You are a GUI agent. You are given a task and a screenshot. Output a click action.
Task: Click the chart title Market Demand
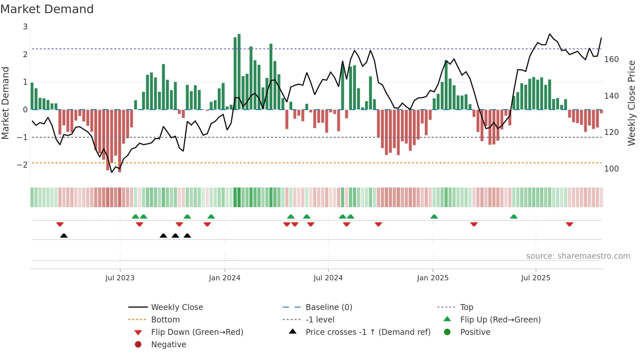(47, 9)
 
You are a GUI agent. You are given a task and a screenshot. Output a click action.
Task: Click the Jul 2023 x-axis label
(120, 278)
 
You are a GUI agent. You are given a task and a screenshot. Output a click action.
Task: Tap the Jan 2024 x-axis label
(225, 278)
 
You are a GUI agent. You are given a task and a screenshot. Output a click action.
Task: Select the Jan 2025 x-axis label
(433, 278)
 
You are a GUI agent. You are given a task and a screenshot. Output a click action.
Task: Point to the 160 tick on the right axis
(611, 59)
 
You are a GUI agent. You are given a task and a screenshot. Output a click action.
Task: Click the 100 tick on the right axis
(611, 169)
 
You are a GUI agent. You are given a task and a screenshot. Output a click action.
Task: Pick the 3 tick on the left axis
(25, 27)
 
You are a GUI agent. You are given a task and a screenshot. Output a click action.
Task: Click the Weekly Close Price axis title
(632, 103)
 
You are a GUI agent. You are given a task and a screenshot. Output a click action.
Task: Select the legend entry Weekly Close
(177, 307)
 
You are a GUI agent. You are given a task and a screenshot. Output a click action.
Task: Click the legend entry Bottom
(165, 320)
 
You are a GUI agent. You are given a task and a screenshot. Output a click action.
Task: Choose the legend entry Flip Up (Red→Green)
(500, 320)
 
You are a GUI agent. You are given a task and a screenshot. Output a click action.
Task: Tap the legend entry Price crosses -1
(368, 332)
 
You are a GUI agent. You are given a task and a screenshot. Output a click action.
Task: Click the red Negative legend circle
(138, 345)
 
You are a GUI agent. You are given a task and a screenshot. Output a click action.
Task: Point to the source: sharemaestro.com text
(578, 256)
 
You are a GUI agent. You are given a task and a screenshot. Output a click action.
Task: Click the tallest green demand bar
(239, 72)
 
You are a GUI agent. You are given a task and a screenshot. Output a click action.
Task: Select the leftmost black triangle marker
(64, 236)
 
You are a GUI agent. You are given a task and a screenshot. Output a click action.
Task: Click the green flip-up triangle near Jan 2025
(434, 217)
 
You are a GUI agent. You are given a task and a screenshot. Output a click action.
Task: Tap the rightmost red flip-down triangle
(569, 224)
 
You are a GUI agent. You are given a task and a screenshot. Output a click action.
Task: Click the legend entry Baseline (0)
(328, 307)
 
